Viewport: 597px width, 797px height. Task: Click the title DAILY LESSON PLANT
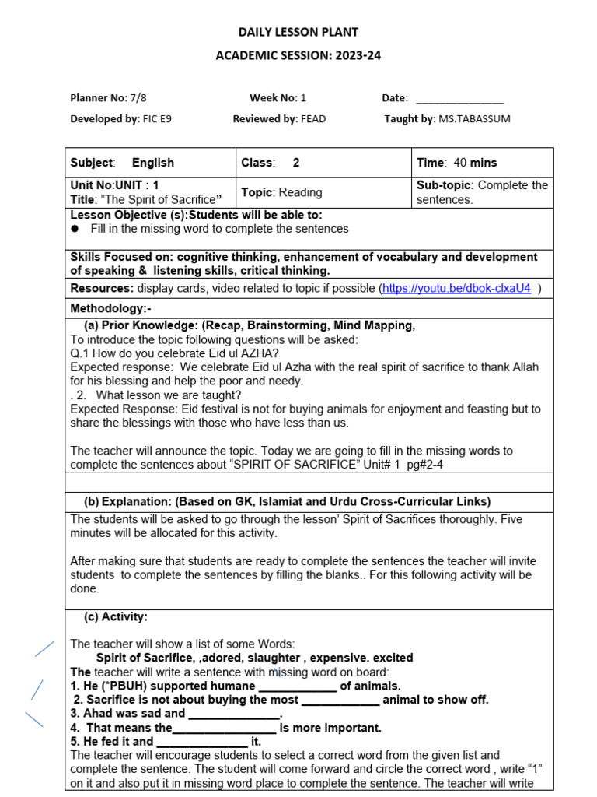[298, 32]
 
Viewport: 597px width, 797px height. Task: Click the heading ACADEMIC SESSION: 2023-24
[298, 55]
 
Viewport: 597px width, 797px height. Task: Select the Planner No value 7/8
[138, 98]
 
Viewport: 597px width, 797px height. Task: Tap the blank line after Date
[459, 99]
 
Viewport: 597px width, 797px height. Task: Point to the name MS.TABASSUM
[476, 119]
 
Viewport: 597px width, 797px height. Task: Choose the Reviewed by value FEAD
[314, 119]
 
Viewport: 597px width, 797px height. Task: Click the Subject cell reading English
[152, 163]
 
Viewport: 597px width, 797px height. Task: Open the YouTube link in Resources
[457, 288]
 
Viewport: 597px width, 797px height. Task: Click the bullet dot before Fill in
[75, 229]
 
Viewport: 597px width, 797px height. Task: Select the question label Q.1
[81, 353]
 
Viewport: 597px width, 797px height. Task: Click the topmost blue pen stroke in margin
[44, 648]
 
